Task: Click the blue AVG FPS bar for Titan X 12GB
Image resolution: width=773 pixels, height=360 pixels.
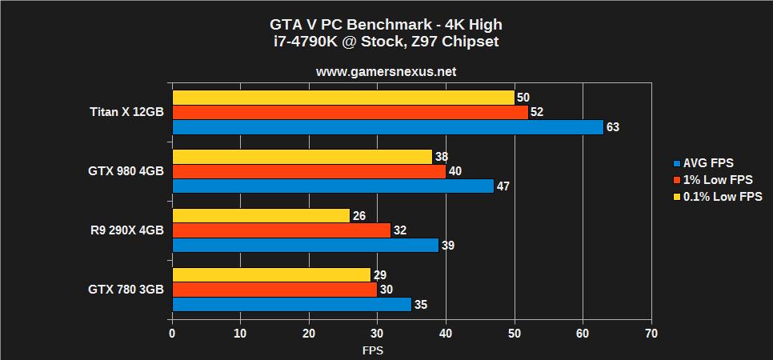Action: click(x=387, y=127)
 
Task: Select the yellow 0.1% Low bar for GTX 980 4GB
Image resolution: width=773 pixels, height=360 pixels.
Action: click(x=302, y=157)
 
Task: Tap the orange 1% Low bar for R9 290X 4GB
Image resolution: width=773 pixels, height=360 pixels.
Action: click(x=281, y=230)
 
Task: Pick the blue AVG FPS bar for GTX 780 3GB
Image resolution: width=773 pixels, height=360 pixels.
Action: click(x=291, y=304)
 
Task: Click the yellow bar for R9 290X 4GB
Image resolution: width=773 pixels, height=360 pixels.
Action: click(x=261, y=216)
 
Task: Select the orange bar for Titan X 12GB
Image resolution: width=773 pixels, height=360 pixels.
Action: click(x=350, y=112)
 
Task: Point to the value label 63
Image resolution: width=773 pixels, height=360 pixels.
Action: click(x=613, y=127)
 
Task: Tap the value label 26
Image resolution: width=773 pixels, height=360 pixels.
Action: click(x=359, y=216)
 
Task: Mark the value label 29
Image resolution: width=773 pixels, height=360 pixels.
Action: click(x=380, y=275)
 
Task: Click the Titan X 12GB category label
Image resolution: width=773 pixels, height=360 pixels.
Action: click(x=126, y=112)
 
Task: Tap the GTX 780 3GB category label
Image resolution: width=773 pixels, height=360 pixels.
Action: click(x=126, y=290)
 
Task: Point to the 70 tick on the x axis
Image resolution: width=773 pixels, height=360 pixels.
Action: click(x=651, y=333)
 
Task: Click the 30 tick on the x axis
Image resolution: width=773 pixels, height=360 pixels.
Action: click(x=378, y=333)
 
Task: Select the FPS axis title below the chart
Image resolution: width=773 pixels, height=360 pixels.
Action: click(x=373, y=350)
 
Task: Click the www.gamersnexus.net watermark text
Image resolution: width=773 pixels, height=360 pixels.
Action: click(x=386, y=71)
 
